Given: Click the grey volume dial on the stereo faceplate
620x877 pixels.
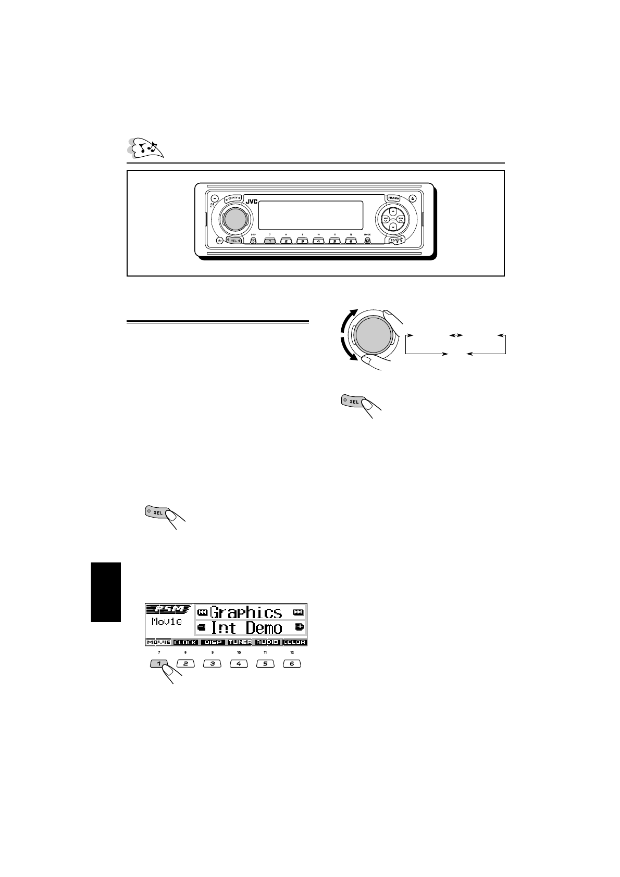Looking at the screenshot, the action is [234, 218].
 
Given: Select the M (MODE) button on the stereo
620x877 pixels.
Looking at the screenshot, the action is [367, 241].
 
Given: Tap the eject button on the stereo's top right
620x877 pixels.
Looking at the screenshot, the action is [413, 198].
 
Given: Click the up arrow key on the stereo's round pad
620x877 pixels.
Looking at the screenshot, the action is [393, 211].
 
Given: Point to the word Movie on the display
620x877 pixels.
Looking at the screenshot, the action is [167, 622].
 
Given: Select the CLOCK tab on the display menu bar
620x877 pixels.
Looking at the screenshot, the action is [185, 642].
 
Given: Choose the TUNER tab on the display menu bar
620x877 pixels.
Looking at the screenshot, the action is [240, 642].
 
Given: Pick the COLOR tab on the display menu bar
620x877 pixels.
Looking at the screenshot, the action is [294, 642].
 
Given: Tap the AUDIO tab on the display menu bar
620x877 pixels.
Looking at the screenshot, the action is [267, 642].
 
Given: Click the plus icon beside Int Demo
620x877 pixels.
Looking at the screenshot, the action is [299, 627].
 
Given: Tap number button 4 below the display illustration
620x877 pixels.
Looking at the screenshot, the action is [239, 664].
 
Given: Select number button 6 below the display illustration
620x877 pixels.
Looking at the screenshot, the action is [292, 664].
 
